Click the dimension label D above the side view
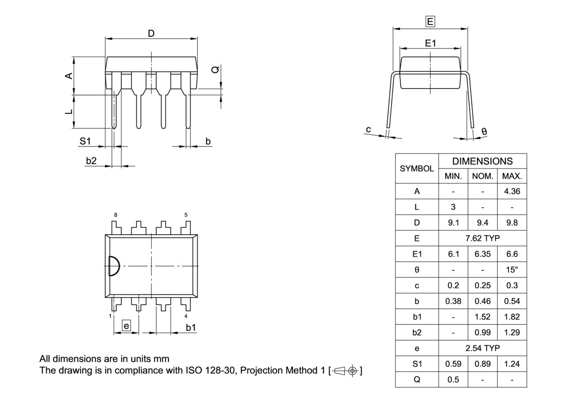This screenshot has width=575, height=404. (x=151, y=33)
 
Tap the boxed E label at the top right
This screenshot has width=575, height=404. (x=430, y=21)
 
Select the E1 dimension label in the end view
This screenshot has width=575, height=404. (x=430, y=43)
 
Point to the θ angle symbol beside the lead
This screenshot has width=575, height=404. (x=484, y=131)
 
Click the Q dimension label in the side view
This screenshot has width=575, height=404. (x=216, y=70)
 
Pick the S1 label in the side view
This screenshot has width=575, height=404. (x=85, y=141)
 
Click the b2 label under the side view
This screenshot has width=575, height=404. (x=91, y=160)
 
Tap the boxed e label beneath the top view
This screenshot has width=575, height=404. (x=127, y=326)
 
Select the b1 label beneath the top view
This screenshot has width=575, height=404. (x=191, y=327)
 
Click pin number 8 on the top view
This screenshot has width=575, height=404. (x=115, y=215)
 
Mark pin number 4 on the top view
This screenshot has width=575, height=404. (x=186, y=316)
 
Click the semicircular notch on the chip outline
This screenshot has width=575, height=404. (x=114, y=266)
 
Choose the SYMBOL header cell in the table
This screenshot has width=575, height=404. (x=417, y=169)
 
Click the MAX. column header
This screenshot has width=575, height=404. (x=512, y=176)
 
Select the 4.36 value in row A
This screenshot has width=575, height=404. (x=512, y=191)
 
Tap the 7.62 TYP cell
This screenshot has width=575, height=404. (x=482, y=238)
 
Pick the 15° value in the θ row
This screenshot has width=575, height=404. (x=512, y=270)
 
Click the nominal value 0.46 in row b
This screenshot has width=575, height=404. (x=482, y=301)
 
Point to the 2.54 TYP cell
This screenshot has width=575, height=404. (x=482, y=348)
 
